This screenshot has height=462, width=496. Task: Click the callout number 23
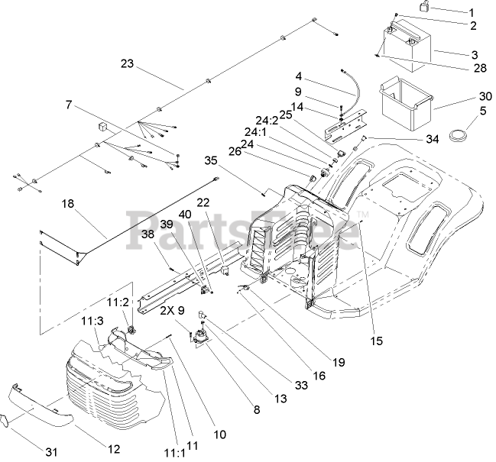point(128,64)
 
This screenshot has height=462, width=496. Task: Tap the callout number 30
point(484,96)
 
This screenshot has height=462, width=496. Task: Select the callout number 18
point(68,205)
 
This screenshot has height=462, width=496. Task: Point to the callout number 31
point(51,452)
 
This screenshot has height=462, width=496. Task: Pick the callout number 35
point(212,160)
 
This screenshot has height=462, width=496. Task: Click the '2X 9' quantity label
point(173,311)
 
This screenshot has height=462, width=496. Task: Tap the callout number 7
point(70,104)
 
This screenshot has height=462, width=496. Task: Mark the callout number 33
point(300,386)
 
